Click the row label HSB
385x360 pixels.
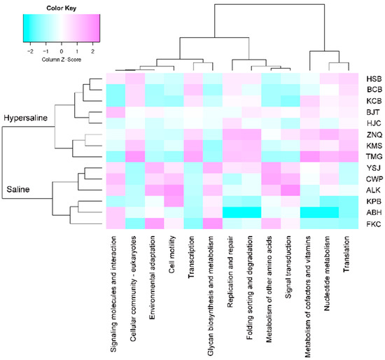tap(374, 79)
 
